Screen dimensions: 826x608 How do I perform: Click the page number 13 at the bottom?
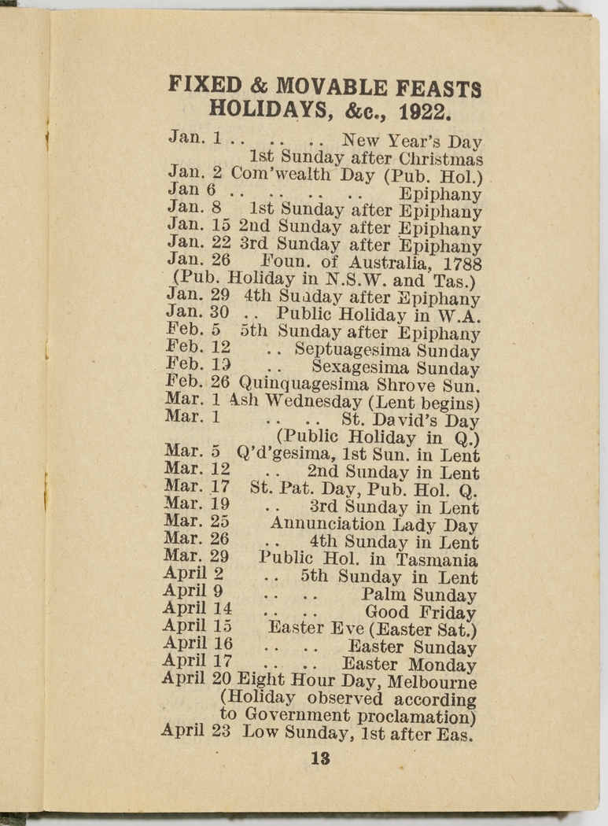[x=319, y=759]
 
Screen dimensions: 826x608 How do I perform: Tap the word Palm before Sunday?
[x=384, y=595]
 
